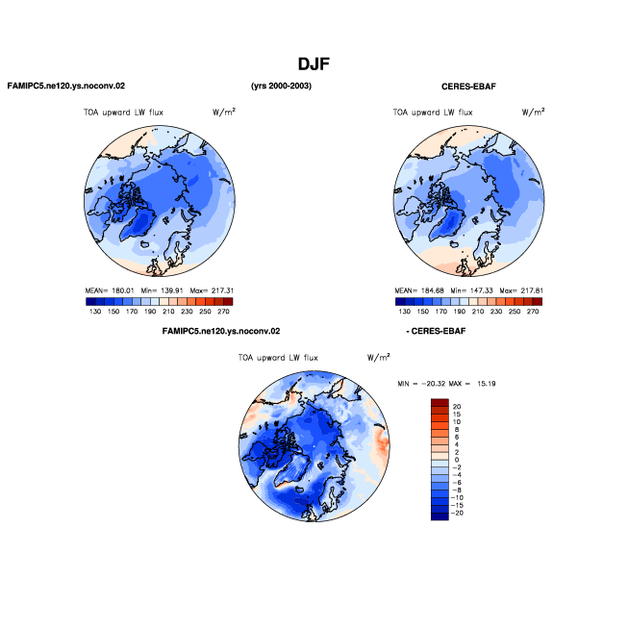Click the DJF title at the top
click(314, 64)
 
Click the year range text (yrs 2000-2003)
click(281, 86)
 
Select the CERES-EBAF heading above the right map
click(468, 87)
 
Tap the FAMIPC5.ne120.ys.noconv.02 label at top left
click(66, 86)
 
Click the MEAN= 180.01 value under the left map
click(110, 290)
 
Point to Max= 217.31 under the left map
click(212, 290)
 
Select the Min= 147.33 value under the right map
click(471, 290)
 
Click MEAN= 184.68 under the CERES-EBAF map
click(419, 290)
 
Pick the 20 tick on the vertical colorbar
click(457, 407)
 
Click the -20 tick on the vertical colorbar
click(457, 513)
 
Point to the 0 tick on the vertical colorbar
click(457, 460)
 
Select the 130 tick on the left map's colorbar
click(95, 312)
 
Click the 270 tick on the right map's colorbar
click(533, 312)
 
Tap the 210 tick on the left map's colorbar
click(168, 312)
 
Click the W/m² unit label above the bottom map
click(378, 357)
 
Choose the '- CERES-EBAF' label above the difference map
click(436, 332)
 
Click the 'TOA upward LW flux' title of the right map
click(433, 113)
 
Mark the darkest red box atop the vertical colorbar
click(440, 402)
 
